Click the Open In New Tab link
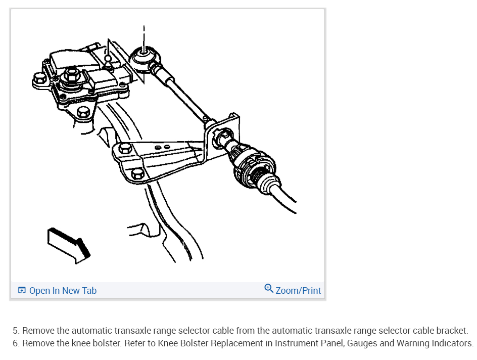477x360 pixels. point(62,291)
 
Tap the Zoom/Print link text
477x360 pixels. point(298,291)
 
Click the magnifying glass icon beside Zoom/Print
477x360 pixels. point(269,289)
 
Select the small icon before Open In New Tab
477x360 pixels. point(22,291)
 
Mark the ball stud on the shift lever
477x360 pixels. point(108,63)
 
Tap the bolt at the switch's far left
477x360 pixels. point(38,80)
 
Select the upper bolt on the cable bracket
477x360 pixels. point(125,149)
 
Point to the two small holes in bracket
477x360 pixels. point(163,147)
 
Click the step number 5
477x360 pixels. point(16,331)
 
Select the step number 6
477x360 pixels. point(16,343)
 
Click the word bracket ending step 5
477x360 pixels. point(453,331)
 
